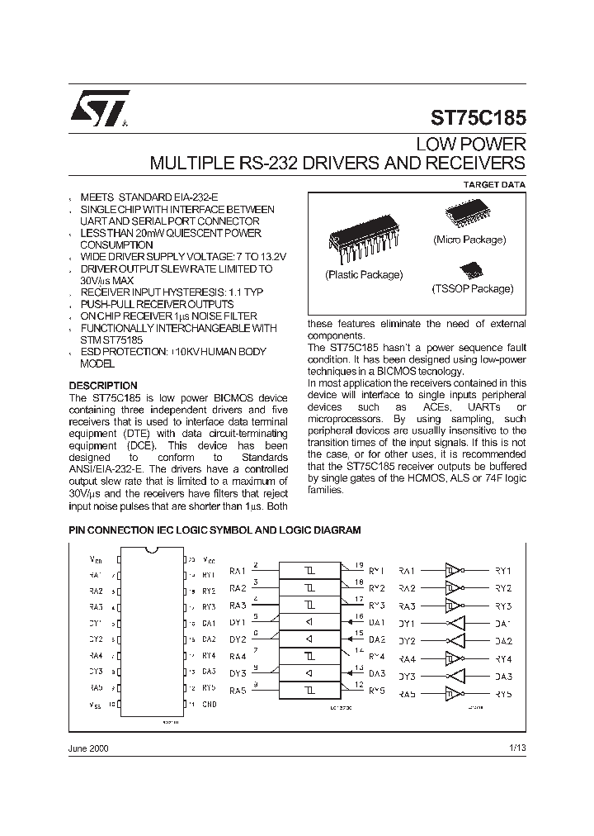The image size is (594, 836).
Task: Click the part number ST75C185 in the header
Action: [x=478, y=118]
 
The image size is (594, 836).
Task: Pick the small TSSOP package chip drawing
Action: [x=471, y=270]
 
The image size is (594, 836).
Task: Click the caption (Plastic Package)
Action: [x=364, y=274]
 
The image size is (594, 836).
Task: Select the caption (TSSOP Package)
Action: [x=472, y=289]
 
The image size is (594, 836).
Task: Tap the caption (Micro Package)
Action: [x=469, y=239]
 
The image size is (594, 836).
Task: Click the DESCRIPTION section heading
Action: [x=102, y=386]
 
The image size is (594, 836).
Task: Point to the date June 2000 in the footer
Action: [x=87, y=747]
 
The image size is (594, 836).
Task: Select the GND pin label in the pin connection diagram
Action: [x=210, y=704]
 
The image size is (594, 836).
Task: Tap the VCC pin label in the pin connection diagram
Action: [x=209, y=560]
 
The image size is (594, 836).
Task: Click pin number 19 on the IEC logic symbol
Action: [x=358, y=565]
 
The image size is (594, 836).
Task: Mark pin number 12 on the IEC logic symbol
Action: [x=358, y=685]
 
